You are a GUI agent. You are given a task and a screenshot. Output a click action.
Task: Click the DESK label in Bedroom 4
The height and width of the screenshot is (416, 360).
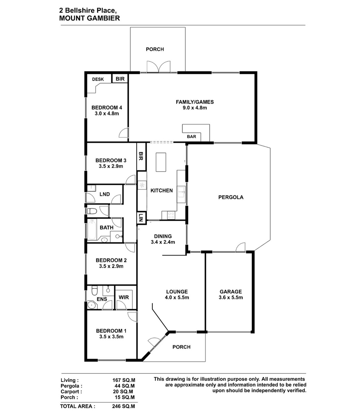coord(98,79)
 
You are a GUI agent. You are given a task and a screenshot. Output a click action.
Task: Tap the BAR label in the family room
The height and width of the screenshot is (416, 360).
coord(191,137)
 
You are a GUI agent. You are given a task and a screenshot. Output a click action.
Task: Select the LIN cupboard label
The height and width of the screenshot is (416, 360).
coord(141,218)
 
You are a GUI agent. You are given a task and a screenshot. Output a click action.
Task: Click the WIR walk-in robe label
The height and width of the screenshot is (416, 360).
coord(123,297)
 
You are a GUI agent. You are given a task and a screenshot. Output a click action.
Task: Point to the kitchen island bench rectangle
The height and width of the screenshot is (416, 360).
coord(161,162)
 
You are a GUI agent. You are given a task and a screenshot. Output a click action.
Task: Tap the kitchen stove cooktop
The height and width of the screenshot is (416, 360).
coord(171,215)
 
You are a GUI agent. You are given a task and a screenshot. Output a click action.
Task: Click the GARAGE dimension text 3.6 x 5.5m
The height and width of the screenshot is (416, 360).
coord(231,297)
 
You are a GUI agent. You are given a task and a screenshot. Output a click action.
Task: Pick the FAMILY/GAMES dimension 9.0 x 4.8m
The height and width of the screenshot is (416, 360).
coord(195,108)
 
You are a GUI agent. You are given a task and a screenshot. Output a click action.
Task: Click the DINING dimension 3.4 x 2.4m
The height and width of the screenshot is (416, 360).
coord(163,242)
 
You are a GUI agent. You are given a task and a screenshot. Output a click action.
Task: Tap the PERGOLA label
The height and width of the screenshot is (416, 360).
coord(231,197)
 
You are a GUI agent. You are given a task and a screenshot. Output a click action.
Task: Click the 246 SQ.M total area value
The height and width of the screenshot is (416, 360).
coord(123,406)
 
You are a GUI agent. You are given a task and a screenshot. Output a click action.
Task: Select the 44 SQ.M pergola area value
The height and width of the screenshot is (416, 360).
coord(125,386)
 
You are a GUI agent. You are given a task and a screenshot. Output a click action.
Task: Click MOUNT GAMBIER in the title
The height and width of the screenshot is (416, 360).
coord(89,18)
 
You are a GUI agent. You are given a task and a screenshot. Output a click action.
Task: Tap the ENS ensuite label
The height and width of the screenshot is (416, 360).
coord(102,299)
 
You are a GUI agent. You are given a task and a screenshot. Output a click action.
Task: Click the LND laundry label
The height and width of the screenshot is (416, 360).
coord(105,194)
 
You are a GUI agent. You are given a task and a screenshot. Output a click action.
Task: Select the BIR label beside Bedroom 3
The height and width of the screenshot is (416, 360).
coord(141,156)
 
